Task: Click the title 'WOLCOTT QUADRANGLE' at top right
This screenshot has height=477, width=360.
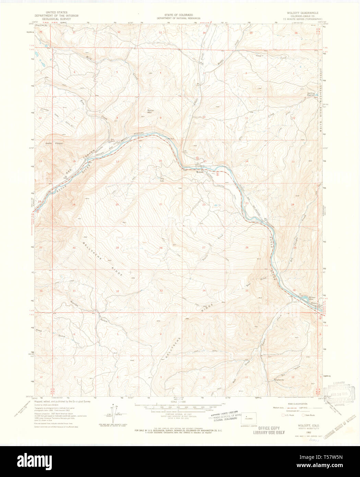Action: [302, 13]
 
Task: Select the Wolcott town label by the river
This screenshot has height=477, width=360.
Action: [200, 172]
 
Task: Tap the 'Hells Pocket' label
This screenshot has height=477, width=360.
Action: [54, 143]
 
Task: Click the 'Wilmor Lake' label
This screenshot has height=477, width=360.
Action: [312, 298]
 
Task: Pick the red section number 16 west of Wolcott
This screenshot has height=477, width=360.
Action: [160, 161]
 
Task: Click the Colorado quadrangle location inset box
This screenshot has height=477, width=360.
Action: [249, 419]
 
